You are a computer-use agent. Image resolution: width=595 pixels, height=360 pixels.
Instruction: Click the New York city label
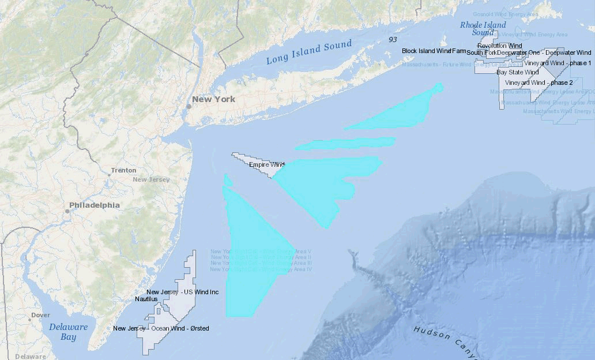tap(213, 99)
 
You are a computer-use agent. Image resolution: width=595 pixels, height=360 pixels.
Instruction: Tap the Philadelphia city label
tap(95, 205)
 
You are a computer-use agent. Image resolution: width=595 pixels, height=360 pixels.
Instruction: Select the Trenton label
tap(123, 170)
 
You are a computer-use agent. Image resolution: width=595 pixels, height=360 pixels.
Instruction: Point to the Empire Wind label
tap(267, 165)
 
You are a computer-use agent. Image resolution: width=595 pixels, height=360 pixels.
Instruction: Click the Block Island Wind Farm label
tap(434, 51)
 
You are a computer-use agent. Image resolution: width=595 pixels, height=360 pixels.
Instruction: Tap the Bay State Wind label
tap(517, 72)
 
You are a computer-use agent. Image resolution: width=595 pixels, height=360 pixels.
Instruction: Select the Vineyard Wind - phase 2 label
tap(538, 82)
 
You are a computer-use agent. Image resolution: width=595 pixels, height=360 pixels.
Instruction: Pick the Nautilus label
tap(146, 299)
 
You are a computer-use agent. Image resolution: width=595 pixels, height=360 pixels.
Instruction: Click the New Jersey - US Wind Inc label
tap(182, 292)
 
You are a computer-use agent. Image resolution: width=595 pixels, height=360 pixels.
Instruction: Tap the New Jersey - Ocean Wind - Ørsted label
tap(161, 328)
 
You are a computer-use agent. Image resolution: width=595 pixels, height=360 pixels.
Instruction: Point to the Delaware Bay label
tap(68, 332)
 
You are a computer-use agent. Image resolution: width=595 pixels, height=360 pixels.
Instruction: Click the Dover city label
tap(40, 315)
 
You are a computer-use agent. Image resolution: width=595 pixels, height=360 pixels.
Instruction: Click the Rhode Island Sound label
tap(483, 28)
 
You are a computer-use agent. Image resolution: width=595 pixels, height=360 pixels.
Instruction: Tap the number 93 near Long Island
tap(393, 39)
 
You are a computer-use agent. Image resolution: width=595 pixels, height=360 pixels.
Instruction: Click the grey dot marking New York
tap(188, 106)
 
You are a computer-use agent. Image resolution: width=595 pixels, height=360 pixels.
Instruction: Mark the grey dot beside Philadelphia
tap(67, 211)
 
